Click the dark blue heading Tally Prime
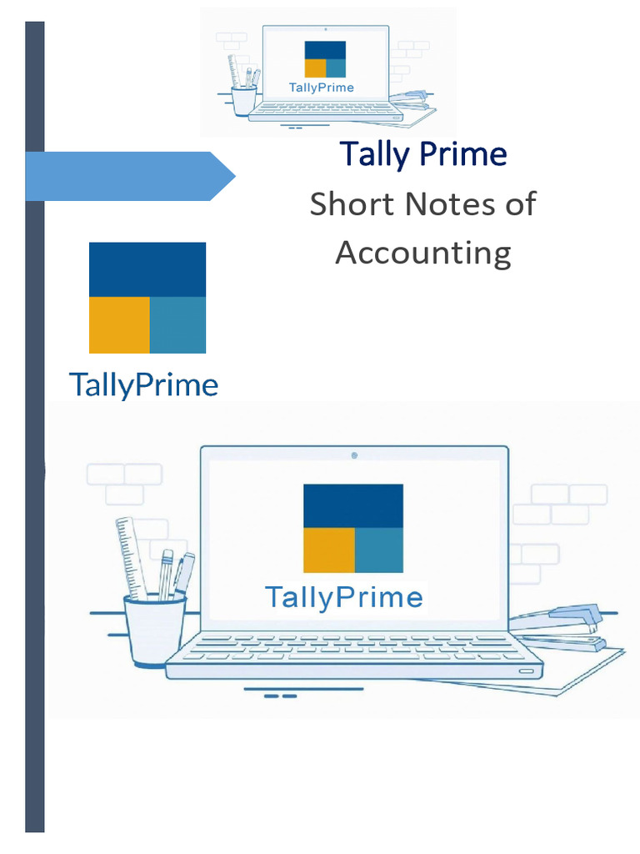[x=422, y=155]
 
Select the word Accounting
[x=422, y=253]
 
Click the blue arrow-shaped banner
[x=129, y=176]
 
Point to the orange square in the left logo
[x=119, y=324]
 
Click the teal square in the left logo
[x=177, y=324]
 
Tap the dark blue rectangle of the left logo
[x=147, y=269]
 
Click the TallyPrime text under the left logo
[x=143, y=385]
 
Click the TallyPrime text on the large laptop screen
[x=343, y=597]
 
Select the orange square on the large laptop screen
[x=328, y=550]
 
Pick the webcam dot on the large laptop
[x=354, y=455]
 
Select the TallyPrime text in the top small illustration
[x=321, y=88]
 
